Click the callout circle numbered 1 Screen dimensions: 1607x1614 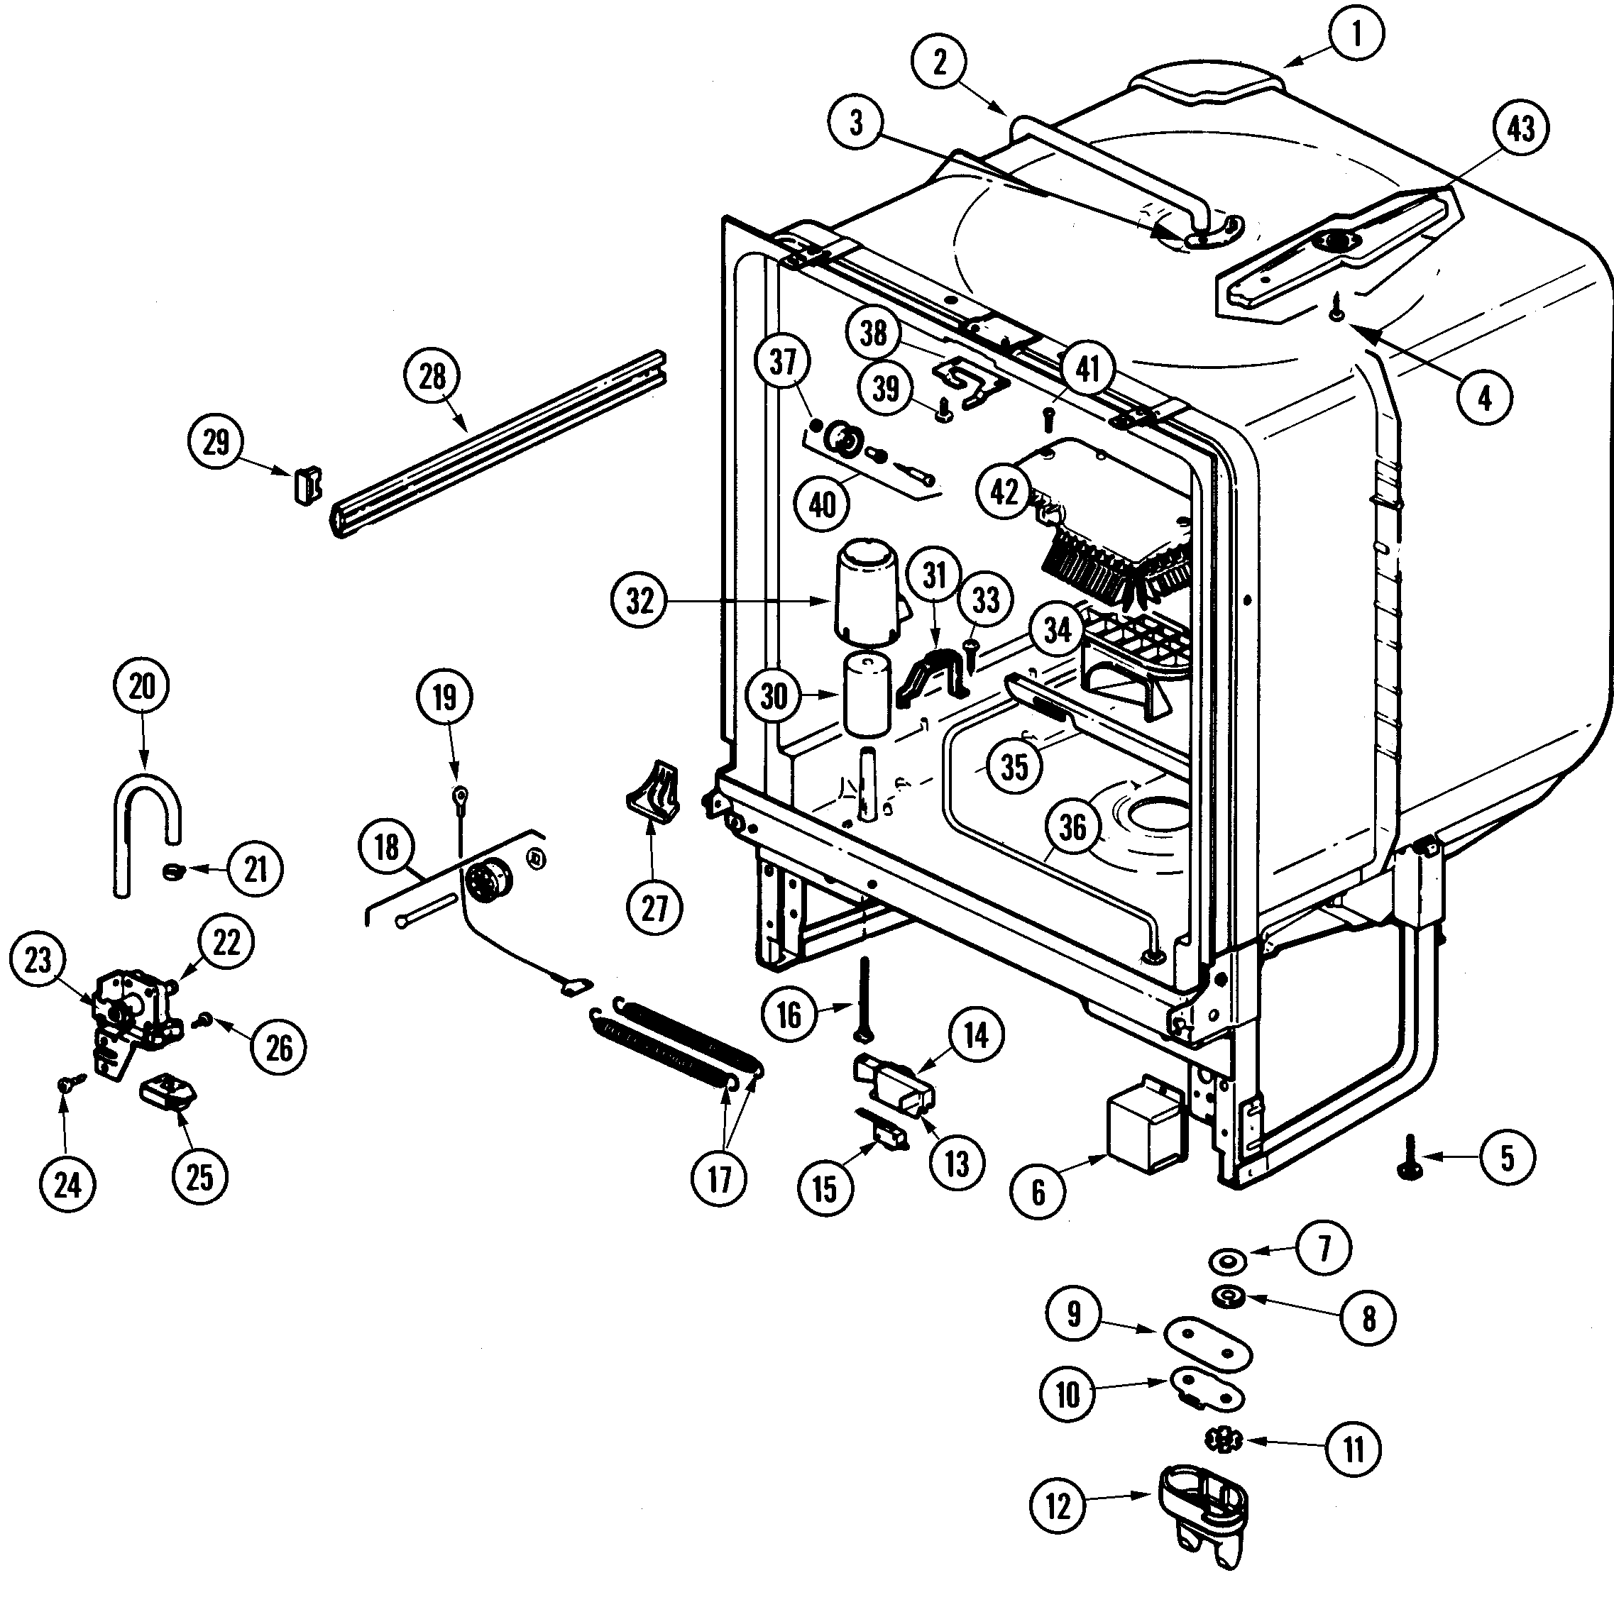(1356, 33)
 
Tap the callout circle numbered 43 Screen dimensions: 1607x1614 (1520, 128)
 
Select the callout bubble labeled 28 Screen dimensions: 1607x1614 (432, 376)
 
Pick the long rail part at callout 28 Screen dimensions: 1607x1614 (501, 443)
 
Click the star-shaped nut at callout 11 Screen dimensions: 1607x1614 (1224, 1439)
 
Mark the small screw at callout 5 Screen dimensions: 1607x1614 (1411, 1159)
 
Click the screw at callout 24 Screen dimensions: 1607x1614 (65, 1084)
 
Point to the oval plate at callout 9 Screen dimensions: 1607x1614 (1208, 1343)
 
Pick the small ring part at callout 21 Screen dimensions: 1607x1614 (172, 871)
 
